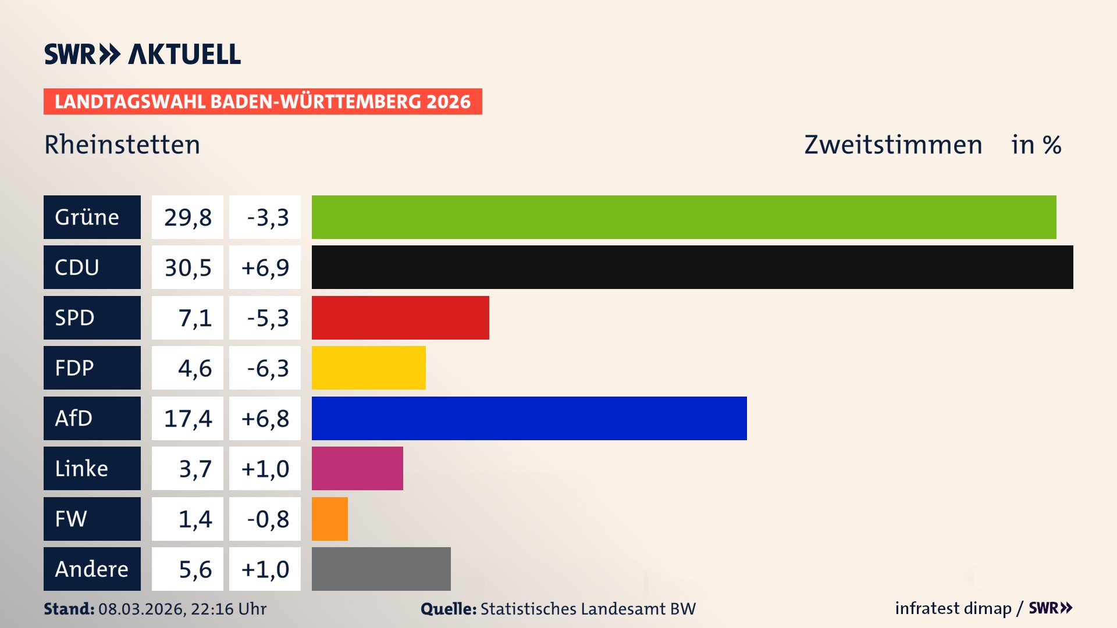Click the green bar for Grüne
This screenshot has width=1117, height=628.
684,217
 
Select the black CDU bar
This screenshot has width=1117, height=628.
692,267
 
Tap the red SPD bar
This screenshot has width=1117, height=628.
400,317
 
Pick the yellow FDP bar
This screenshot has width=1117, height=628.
369,368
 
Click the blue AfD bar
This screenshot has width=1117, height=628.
529,418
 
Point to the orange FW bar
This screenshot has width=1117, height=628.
330,519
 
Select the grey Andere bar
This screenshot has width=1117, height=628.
381,569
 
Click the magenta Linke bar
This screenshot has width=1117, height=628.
357,468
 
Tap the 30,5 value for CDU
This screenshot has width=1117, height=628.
187,267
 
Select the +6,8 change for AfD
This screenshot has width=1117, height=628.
265,418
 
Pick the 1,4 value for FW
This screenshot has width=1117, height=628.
194,519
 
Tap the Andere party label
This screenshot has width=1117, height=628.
92,569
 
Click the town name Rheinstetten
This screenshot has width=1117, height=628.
122,144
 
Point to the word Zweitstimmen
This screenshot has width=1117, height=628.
893,144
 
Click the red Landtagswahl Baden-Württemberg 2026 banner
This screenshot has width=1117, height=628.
262,101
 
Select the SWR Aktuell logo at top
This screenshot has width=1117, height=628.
143,54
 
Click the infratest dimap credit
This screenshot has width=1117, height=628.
953,608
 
